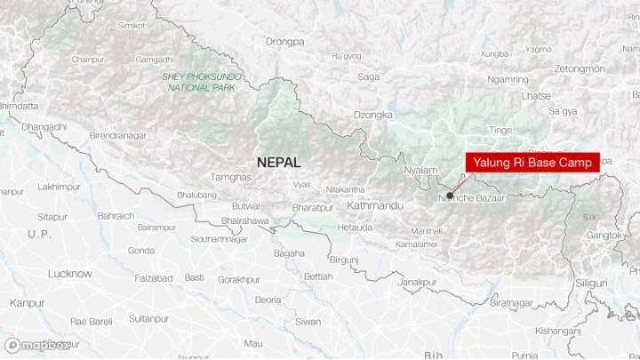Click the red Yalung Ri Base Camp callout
[532, 162]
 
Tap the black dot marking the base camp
[451, 195]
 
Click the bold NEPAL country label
[278, 163]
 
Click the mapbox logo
[36, 345]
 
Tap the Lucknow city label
[70, 274]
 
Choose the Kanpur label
[27, 302]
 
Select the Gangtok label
[604, 236]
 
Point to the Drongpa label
[284, 41]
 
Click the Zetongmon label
[579, 68]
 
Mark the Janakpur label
[417, 282]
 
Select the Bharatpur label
[312, 207]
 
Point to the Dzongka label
[373, 115]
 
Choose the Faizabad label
[154, 278]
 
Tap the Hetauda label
[355, 228]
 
